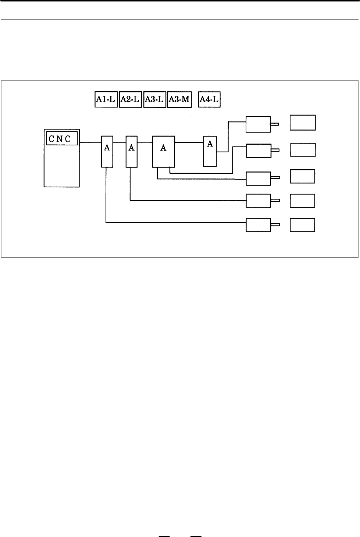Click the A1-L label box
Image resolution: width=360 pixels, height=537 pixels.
[106, 99]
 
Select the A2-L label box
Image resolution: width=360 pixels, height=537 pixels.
[130, 99]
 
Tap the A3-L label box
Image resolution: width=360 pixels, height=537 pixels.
[155, 99]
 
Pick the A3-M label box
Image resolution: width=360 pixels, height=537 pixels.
[179, 99]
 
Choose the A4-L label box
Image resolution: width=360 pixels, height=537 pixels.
[209, 99]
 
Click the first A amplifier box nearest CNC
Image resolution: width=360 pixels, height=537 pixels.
[107, 152]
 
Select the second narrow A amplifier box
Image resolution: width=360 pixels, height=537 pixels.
[132, 152]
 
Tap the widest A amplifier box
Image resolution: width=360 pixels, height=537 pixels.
[164, 152]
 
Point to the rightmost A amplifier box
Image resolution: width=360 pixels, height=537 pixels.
[210, 151]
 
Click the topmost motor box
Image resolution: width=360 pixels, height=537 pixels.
[258, 124]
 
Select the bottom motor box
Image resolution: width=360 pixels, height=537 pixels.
[258, 225]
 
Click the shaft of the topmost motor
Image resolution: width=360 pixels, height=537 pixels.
[274, 124]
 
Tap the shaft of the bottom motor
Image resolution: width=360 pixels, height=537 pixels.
[275, 225]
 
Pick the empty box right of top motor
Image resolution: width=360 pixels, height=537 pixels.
[303, 123]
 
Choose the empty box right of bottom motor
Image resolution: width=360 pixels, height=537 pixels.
[303, 225]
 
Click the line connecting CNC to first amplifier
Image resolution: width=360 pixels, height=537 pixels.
[90, 143]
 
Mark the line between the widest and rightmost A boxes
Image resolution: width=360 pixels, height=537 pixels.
[189, 142]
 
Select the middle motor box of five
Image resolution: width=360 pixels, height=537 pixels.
[259, 179]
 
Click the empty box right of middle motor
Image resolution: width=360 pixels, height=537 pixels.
[303, 176]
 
